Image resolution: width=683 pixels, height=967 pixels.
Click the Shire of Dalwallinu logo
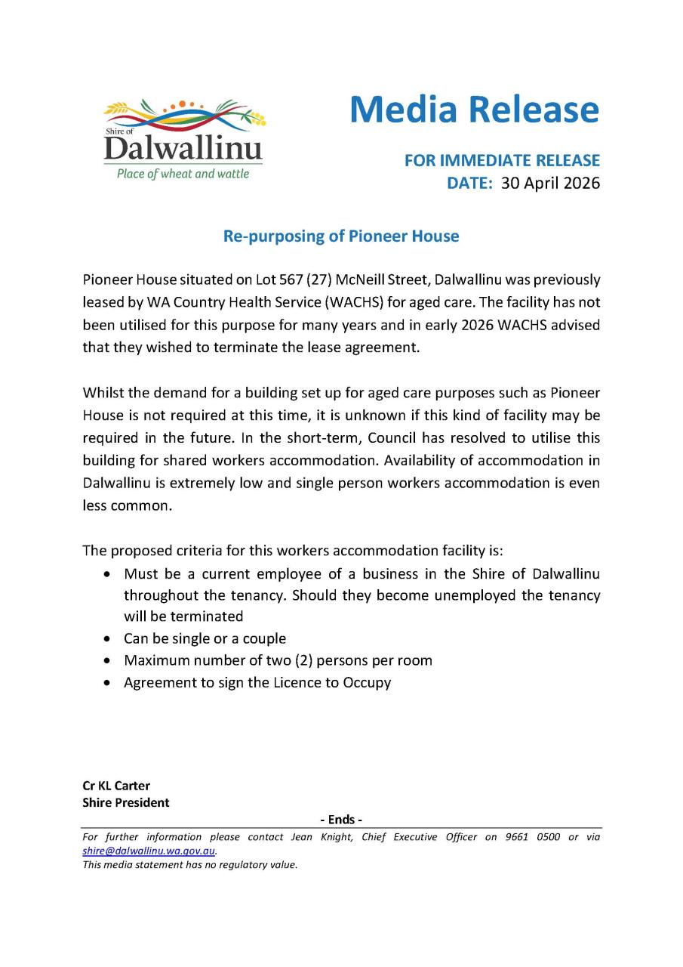click(183, 138)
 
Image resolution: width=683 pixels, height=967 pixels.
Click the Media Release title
click(474, 110)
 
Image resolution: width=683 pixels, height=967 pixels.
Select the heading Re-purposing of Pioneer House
click(341, 236)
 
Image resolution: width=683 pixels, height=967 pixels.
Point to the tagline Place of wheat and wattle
click(183, 175)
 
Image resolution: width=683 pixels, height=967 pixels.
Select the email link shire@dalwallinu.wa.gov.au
click(149, 850)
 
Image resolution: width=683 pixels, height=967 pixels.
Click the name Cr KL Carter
click(116, 786)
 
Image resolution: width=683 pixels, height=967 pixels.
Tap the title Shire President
click(126, 802)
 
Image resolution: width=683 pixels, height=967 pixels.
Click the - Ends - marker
click(341, 820)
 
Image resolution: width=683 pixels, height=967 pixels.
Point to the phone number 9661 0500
click(533, 837)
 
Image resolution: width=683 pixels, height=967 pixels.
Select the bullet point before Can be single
click(110, 639)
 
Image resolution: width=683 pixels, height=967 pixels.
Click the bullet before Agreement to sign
click(110, 683)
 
